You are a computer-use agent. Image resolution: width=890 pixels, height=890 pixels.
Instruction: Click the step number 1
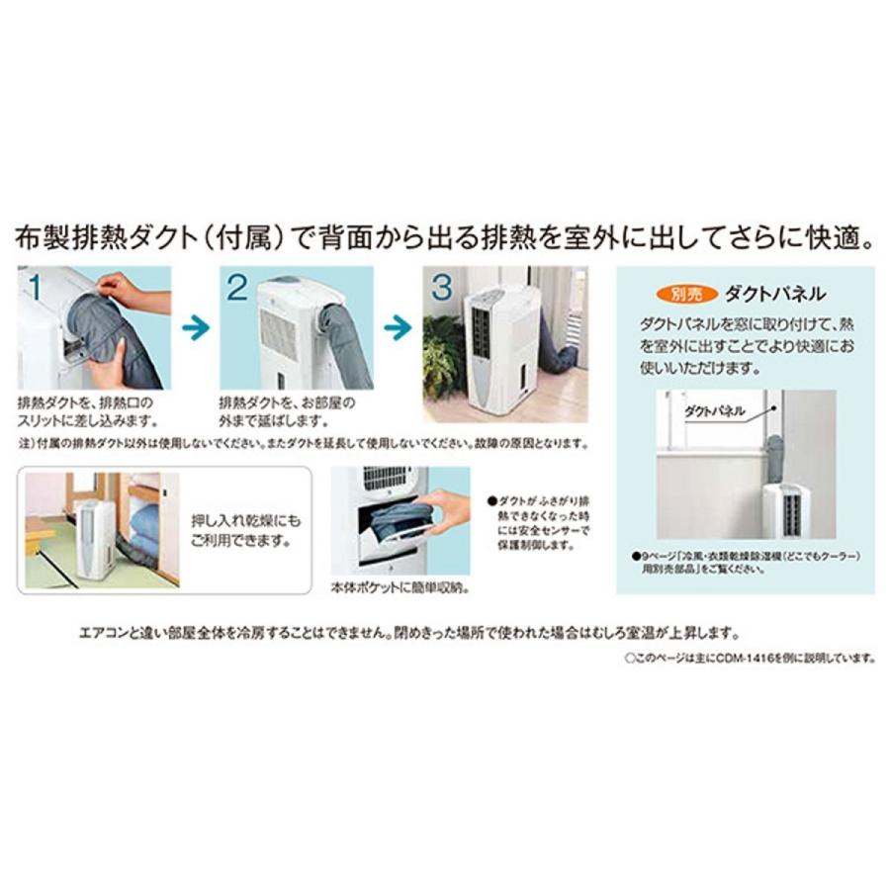tap(35, 288)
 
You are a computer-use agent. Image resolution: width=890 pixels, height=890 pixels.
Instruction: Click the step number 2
tap(236, 288)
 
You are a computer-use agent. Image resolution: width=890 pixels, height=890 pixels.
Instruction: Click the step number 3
tap(441, 288)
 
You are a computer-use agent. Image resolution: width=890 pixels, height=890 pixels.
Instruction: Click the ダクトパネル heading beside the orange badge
tap(774, 294)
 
